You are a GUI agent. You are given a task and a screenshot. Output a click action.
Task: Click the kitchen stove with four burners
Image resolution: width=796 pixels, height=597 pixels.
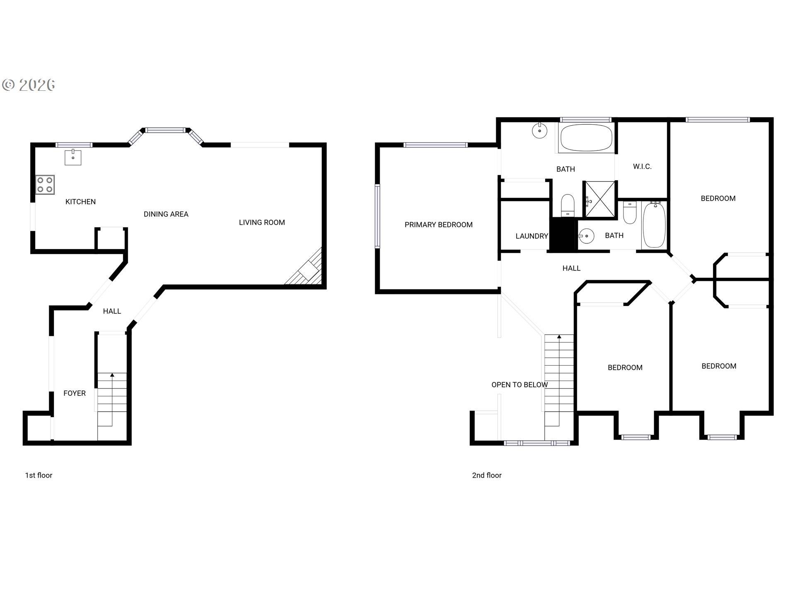45,185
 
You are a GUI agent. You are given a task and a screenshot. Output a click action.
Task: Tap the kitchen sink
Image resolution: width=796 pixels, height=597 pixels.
73,157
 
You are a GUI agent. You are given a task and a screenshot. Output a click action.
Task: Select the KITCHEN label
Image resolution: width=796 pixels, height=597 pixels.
80,202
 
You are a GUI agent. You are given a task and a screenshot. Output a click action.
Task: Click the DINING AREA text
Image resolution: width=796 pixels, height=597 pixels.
166,214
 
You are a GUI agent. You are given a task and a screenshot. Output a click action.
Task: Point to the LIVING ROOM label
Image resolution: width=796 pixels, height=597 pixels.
262,223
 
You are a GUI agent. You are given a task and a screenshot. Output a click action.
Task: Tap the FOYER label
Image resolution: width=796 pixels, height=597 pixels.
75,393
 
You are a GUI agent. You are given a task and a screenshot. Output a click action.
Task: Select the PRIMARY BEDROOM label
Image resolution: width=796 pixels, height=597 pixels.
438,225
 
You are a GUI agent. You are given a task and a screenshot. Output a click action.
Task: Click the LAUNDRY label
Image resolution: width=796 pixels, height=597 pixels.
531,236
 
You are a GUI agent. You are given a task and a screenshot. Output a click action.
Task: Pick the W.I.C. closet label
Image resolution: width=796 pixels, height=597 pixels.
642,167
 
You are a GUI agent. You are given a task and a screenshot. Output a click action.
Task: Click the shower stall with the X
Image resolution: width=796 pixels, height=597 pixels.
599,199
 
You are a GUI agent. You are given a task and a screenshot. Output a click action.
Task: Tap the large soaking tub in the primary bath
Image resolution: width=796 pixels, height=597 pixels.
586,138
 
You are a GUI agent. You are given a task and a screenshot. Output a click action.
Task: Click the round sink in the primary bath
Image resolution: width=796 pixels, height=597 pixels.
539,131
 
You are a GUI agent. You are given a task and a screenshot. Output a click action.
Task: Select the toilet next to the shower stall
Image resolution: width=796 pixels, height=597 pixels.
568,205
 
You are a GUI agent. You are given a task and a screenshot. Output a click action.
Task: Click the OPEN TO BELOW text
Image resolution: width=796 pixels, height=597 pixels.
519,385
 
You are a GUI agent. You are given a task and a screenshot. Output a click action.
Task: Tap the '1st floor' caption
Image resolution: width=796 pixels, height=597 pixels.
39,476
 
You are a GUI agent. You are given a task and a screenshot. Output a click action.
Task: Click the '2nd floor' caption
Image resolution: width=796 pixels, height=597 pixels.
487,476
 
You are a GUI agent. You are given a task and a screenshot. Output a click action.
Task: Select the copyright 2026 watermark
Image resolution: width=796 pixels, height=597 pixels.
29,85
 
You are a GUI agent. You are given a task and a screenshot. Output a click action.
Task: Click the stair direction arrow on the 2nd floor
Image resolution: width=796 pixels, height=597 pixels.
559,337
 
